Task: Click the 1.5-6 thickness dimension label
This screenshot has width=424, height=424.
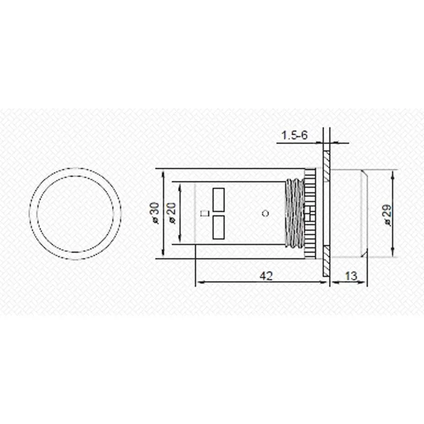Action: pos(295,135)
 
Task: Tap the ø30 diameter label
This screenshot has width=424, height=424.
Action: pos(156,213)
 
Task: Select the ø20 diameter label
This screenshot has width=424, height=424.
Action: pos(172,213)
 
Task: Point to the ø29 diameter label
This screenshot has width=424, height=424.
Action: pos(387,215)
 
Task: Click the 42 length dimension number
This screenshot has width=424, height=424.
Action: pos(267,276)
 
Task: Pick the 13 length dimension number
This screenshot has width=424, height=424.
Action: pos(351,276)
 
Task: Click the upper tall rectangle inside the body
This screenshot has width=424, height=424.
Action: pos(218,200)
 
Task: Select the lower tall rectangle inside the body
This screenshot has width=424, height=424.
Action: pos(218,227)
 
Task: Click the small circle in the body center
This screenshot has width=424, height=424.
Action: pos(266,214)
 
